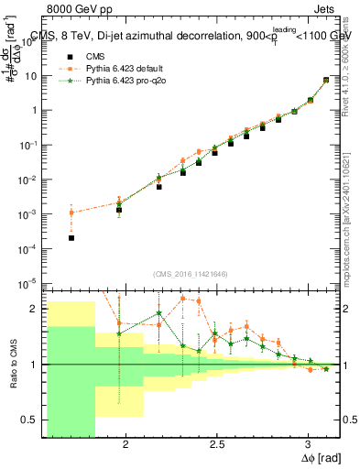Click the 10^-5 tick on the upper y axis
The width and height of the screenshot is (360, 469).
[x=32, y=283]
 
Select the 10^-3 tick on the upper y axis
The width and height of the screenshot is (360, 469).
[x=32, y=213]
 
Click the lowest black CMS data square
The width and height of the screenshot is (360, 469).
[x=71, y=237]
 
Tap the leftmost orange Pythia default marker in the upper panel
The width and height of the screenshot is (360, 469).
[x=71, y=213]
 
